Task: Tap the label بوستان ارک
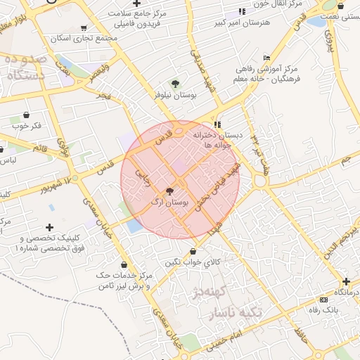[170, 202]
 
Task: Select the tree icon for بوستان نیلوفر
[175, 83]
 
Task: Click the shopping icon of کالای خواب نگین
[193, 251]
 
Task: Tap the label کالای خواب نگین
[193, 262]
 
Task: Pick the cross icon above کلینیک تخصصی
[49, 227]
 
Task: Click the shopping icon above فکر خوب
[26, 115]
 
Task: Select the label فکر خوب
[26, 126]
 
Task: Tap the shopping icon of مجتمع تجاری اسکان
[84, 28]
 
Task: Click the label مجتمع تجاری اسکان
[84, 39]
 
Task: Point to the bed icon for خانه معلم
[266, 58]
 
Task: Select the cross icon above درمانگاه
[345, 281]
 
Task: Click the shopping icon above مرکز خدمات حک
[124, 264]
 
